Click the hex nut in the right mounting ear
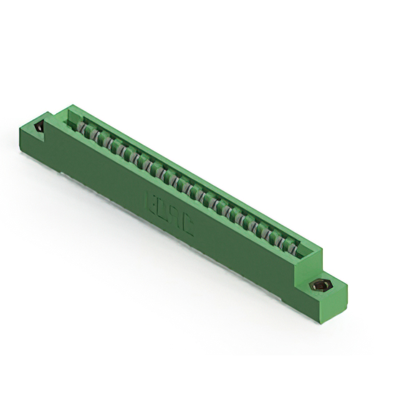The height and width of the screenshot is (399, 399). tap(320, 286)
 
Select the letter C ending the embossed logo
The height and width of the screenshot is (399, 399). tap(187, 227)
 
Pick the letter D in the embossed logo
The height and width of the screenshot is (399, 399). tap(161, 210)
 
